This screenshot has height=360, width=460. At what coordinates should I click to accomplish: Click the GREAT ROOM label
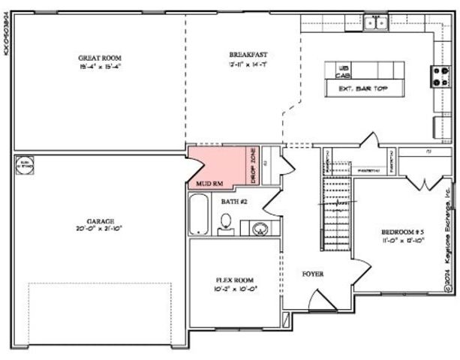100,57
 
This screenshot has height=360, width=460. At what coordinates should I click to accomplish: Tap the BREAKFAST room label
248,55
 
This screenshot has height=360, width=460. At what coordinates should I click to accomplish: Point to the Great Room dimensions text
100,66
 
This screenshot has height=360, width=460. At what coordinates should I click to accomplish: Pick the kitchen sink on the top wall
374,22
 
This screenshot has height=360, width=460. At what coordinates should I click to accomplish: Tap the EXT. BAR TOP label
356,88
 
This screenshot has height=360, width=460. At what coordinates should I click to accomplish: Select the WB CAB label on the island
343,71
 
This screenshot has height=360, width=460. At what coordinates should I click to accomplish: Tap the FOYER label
313,274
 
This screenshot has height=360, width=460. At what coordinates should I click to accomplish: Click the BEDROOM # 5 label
404,232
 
